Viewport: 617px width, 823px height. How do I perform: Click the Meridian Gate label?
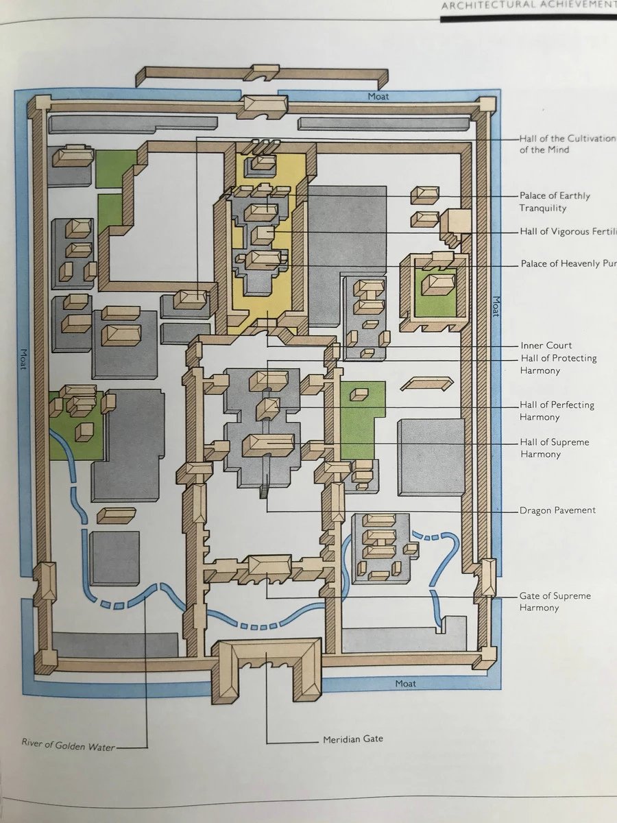(x=353, y=739)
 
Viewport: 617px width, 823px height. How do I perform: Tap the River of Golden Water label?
(x=67, y=746)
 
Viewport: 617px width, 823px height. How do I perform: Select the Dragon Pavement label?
(x=557, y=510)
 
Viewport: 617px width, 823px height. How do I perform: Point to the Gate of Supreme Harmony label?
(x=555, y=601)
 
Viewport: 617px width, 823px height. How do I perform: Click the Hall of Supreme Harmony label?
(x=554, y=448)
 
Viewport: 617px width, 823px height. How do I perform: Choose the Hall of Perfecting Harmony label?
(x=557, y=411)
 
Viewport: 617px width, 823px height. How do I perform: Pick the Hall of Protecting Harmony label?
(x=558, y=364)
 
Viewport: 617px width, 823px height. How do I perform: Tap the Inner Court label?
(x=546, y=345)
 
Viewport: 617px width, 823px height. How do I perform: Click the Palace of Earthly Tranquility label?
(x=555, y=202)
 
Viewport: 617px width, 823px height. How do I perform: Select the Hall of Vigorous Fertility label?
(x=568, y=232)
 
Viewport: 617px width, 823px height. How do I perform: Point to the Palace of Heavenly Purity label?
(x=568, y=263)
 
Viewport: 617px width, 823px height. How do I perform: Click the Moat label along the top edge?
(x=378, y=97)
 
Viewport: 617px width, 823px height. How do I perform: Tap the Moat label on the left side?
(x=22, y=358)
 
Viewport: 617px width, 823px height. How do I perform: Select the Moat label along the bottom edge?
(x=406, y=684)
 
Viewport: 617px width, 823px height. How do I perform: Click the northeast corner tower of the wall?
(x=486, y=105)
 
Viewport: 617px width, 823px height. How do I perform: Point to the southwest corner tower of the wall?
(x=45, y=660)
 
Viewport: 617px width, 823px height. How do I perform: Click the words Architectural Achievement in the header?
(x=529, y=6)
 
